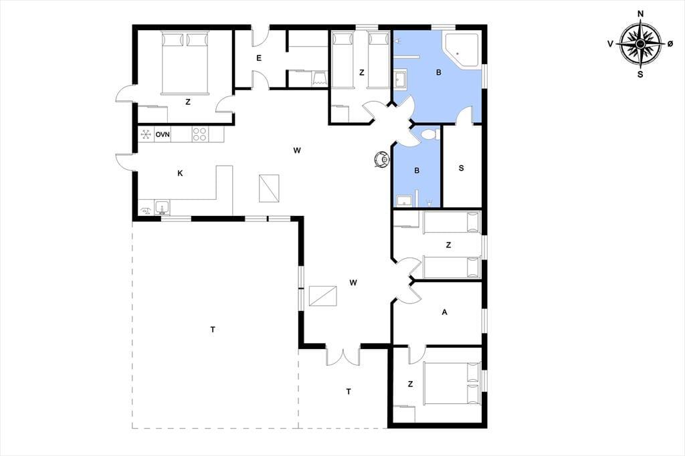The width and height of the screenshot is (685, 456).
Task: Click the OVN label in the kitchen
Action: point(163,134)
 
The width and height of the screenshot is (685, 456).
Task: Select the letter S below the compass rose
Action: point(640,74)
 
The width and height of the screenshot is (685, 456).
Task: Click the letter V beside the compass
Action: point(610,43)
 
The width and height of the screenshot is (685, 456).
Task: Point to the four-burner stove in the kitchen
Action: point(199,134)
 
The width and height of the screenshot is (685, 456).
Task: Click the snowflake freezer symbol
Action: point(146,134)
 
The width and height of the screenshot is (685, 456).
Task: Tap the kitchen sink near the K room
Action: point(162,208)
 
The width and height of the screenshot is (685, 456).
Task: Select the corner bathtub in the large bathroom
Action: point(462,49)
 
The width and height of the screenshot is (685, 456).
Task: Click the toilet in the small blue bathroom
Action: point(430,134)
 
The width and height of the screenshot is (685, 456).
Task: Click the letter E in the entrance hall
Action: point(259,58)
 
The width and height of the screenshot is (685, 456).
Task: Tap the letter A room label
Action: point(445,312)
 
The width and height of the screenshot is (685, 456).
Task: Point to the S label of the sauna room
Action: point(462,168)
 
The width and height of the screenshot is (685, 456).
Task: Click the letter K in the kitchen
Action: point(180,173)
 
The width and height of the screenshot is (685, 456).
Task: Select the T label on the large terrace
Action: point(213,330)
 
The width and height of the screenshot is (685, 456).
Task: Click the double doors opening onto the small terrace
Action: point(343,356)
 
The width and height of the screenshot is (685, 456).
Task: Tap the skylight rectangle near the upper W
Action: point(269,189)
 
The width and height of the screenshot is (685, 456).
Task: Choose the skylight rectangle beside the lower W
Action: point(323,296)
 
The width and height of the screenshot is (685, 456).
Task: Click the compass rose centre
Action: point(640,43)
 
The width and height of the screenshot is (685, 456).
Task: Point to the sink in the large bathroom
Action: point(400,80)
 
